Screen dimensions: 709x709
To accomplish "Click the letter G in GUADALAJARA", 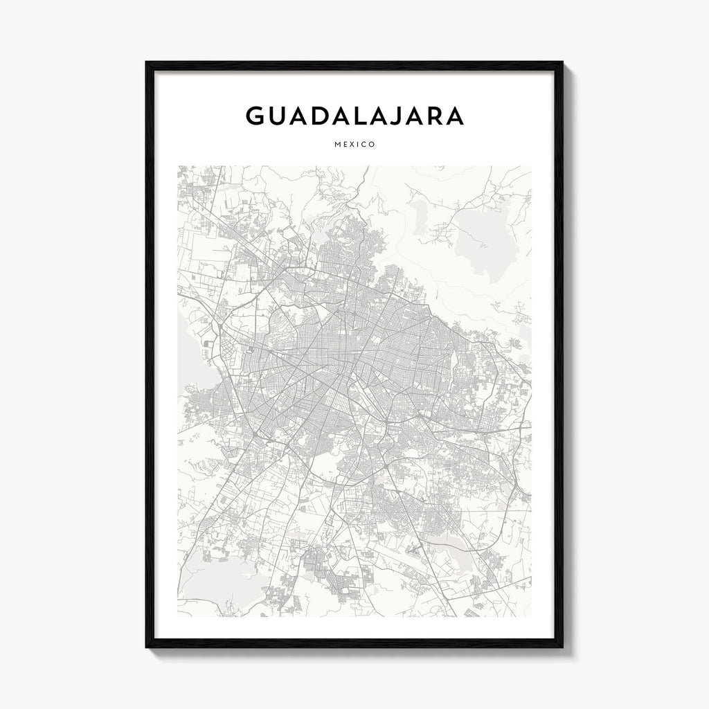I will (255, 116).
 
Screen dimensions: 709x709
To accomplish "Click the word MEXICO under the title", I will (354, 145).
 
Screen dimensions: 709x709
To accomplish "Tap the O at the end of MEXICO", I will (373, 145).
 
